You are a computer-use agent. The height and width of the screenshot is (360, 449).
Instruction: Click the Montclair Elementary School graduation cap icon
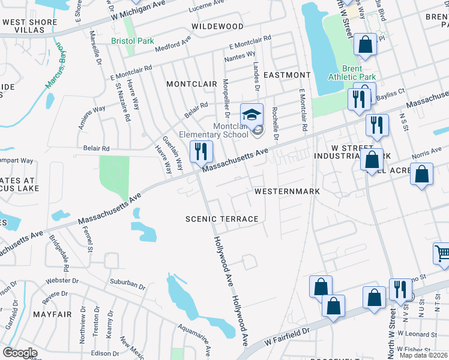click(x=252, y=114)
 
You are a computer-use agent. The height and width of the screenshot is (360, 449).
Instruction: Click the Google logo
click(x=20, y=353)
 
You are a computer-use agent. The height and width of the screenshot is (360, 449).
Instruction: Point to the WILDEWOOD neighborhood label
click(x=217, y=26)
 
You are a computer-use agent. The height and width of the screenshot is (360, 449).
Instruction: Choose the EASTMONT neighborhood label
click(x=287, y=75)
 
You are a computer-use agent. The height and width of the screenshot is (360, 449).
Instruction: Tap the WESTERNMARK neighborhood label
click(x=287, y=191)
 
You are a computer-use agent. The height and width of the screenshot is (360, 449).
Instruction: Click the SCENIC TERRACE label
click(x=221, y=219)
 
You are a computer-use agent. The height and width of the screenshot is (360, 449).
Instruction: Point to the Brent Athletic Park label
click(x=352, y=73)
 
